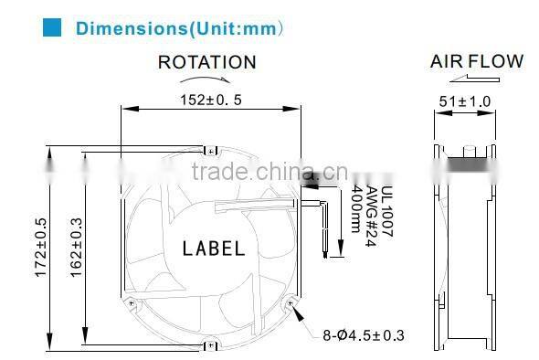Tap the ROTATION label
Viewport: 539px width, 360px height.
coord(206,62)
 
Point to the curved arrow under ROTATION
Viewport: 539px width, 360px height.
coord(207,80)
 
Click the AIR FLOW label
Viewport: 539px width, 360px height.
coord(477,61)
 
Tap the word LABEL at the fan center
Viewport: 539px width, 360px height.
coord(214,249)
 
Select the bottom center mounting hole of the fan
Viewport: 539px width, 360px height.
coord(212,344)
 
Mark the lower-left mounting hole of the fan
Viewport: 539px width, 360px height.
coord(133,302)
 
